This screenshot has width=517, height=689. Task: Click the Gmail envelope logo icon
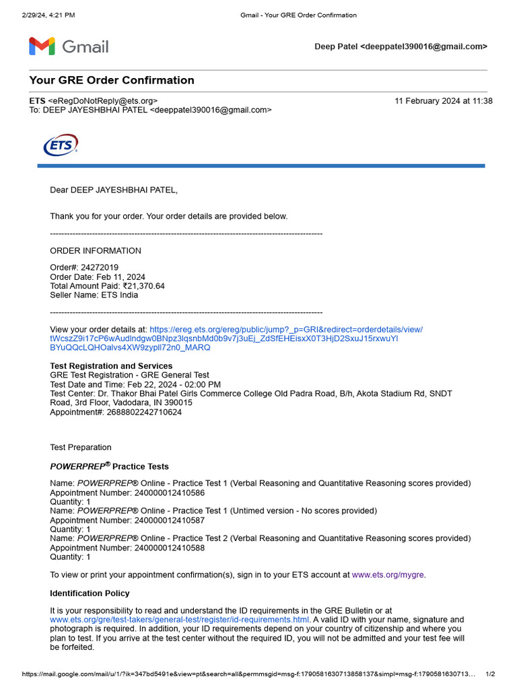pos(42,46)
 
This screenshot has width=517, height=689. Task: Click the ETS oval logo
pos(61,145)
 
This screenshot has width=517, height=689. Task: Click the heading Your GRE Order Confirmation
pos(112,80)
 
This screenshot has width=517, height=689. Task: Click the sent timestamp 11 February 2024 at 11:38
pos(444,101)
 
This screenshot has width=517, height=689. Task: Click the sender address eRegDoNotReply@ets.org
pos(105,101)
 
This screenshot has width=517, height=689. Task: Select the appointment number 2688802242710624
pos(143,412)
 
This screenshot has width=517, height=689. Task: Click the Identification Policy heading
pos(90,593)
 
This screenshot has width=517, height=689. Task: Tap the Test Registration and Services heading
pos(111,366)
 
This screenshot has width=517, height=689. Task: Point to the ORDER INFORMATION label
pos(96,251)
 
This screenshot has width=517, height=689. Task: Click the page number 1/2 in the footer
pos(490,674)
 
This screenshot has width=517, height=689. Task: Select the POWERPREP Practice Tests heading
pos(110,466)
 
